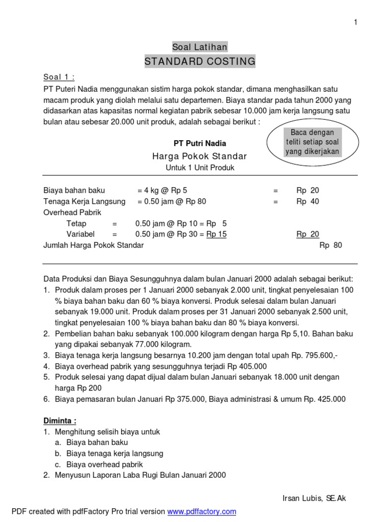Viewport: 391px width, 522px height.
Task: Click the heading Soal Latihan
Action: click(x=200, y=47)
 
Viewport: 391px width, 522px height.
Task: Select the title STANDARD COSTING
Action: click(x=200, y=62)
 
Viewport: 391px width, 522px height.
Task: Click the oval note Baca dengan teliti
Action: click(x=312, y=142)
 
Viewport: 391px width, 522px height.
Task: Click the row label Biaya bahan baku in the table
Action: click(x=74, y=190)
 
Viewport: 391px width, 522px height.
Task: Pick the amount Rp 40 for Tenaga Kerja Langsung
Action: click(x=308, y=201)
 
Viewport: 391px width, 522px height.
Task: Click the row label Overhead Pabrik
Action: click(x=72, y=212)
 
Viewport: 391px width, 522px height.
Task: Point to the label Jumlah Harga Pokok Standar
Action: click(x=94, y=245)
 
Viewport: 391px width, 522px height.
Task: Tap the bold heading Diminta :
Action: click(x=60, y=421)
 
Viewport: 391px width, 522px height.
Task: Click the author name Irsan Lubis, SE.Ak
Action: click(x=314, y=498)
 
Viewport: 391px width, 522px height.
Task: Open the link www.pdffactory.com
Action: click(x=202, y=511)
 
